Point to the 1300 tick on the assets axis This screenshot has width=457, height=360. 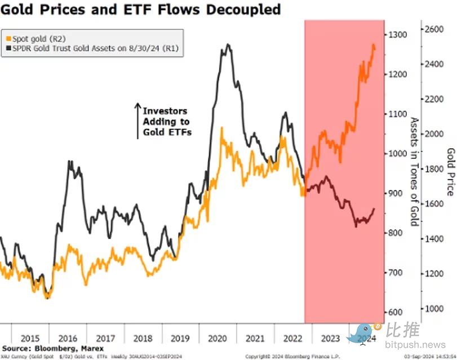(x=400, y=35)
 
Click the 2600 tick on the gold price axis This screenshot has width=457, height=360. (x=433, y=29)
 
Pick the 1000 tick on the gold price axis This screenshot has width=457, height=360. (x=433, y=309)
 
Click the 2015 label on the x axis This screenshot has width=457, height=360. (x=30, y=339)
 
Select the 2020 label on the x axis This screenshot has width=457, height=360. (x=218, y=339)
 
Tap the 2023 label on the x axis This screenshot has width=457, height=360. (x=330, y=339)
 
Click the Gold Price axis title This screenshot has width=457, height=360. (x=450, y=172)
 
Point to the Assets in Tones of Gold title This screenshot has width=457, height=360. (x=414, y=171)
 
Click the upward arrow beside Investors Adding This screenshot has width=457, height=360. (x=137, y=120)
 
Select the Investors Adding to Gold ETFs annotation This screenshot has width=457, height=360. (x=166, y=122)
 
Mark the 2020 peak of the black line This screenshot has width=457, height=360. (x=227, y=45)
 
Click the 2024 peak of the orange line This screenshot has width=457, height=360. (x=373, y=45)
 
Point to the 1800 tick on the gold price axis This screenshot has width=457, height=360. (x=433, y=169)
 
